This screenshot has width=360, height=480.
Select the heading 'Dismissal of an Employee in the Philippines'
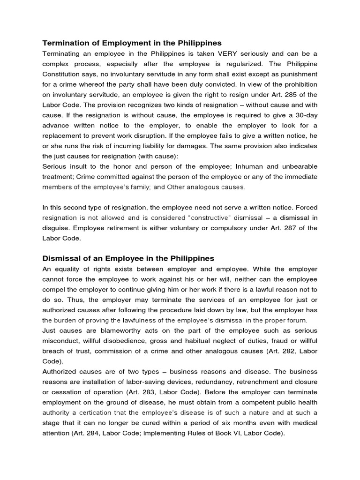pos(128,258)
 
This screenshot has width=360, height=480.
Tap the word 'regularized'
pos(258,64)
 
